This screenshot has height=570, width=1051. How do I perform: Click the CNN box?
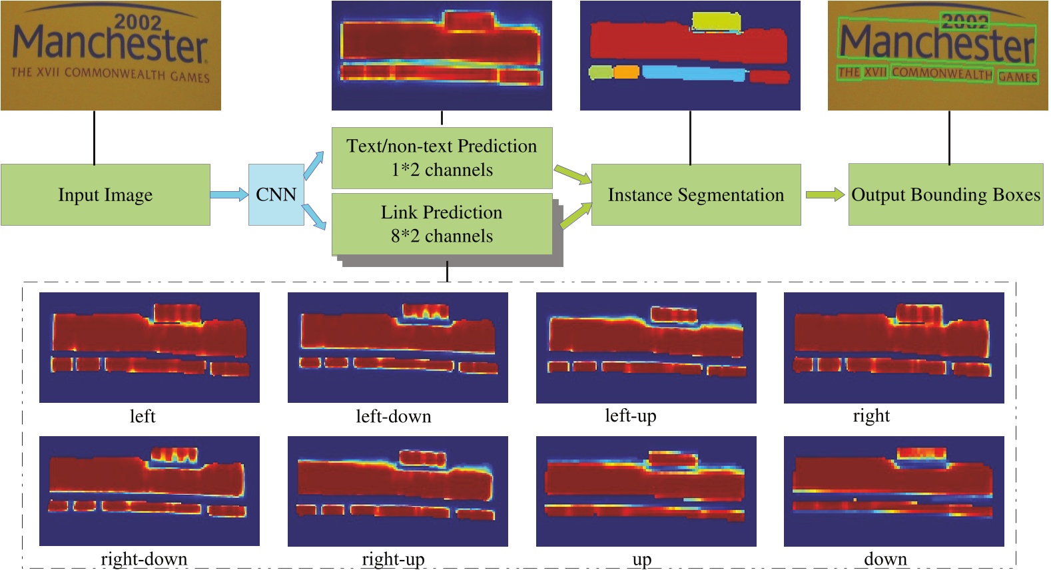(x=276, y=194)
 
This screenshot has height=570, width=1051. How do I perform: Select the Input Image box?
(x=105, y=194)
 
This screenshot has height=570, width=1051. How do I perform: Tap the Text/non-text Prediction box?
(x=442, y=158)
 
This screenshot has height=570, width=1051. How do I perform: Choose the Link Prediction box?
(x=442, y=224)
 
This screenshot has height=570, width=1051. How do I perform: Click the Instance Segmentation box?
(x=695, y=194)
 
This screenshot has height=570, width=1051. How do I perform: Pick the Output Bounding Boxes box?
(x=945, y=194)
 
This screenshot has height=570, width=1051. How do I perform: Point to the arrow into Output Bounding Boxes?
(x=825, y=194)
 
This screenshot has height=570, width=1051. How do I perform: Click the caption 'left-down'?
(x=393, y=417)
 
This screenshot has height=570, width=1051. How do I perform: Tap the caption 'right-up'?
(x=393, y=559)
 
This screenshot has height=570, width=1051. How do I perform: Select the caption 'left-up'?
(x=630, y=416)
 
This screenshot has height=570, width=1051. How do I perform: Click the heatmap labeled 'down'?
(x=893, y=491)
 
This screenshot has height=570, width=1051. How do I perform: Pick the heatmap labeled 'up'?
(x=645, y=491)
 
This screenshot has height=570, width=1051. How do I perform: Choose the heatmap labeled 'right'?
(x=893, y=347)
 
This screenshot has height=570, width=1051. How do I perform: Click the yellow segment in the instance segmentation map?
(x=716, y=21)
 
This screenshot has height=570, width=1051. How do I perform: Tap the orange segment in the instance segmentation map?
(x=626, y=71)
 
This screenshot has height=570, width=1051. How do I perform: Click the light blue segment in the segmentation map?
(x=693, y=73)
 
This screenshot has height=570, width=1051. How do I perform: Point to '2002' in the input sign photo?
(x=137, y=21)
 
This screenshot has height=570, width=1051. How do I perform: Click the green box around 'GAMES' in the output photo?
(x=1017, y=77)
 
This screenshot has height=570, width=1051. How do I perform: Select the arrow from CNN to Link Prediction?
(x=314, y=218)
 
